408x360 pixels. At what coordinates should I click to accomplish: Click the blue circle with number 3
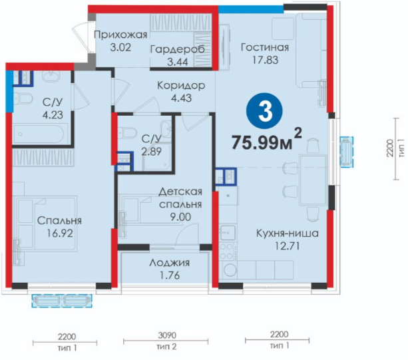click(264, 111)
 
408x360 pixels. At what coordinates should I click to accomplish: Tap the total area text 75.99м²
click(267, 141)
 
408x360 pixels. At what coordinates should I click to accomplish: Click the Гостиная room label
click(265, 47)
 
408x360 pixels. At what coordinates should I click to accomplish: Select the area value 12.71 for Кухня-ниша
click(288, 246)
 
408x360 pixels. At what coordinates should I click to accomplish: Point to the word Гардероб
click(178, 49)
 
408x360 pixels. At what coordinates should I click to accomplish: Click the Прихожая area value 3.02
click(120, 48)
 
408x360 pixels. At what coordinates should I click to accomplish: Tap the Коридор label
click(181, 85)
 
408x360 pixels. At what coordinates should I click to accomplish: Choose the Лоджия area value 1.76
click(170, 275)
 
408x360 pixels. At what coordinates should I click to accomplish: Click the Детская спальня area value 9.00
click(180, 217)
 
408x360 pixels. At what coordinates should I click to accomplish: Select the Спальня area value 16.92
click(60, 234)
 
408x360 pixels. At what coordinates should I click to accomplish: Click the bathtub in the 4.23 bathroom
click(39, 134)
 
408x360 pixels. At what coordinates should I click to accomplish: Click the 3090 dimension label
click(167, 335)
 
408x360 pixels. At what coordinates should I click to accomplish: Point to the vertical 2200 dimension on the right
click(390, 148)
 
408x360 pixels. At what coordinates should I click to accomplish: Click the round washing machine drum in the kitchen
click(229, 270)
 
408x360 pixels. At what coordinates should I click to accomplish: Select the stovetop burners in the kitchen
click(227, 251)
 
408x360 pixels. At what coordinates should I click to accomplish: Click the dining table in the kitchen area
click(313, 180)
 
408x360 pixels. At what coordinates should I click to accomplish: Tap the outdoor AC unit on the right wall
click(347, 152)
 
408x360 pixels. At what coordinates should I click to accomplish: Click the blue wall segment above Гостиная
click(251, 9)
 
